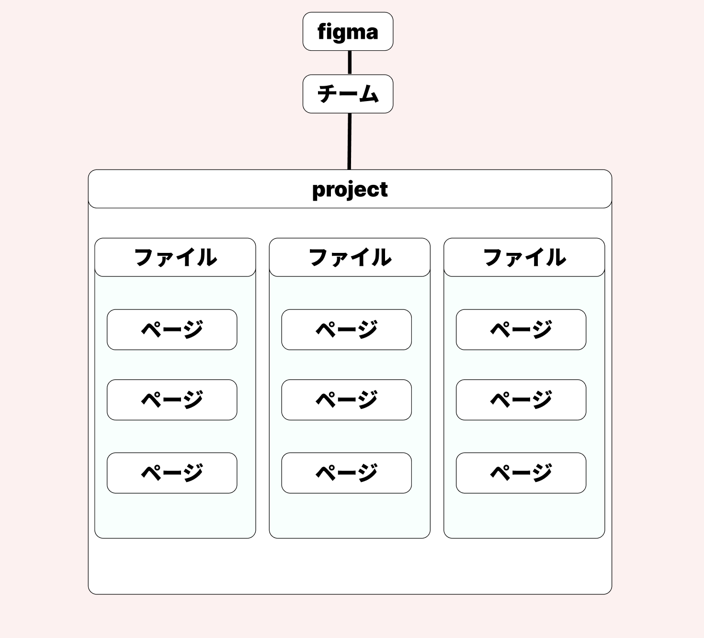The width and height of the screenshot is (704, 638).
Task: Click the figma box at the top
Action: [x=348, y=32]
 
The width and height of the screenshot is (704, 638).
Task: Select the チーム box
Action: [x=348, y=94]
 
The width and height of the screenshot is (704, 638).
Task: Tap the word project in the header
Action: [x=350, y=190]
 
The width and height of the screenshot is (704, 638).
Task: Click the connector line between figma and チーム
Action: [x=350, y=62]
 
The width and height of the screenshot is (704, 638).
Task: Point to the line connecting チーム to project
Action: [x=350, y=141]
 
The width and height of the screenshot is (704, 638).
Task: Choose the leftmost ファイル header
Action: [x=175, y=258]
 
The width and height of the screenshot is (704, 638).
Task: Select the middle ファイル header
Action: [x=350, y=258]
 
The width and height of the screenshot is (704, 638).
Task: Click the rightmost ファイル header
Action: [x=524, y=258]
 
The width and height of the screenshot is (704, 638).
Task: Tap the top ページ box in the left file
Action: [x=172, y=330]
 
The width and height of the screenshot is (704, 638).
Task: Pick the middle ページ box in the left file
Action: [x=172, y=400]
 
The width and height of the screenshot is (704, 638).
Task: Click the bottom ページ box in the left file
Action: [x=172, y=473]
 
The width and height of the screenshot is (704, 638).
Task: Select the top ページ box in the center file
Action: [x=346, y=330]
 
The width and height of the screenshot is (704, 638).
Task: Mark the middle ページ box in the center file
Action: [x=346, y=400]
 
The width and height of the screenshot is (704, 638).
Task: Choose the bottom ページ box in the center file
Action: [x=346, y=473]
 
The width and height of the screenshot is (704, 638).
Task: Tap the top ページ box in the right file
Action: [x=521, y=330]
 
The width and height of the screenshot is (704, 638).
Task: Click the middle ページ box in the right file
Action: [x=521, y=400]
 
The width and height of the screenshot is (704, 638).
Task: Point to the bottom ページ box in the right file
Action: [x=521, y=473]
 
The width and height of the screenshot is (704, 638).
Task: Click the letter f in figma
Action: [x=322, y=32]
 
